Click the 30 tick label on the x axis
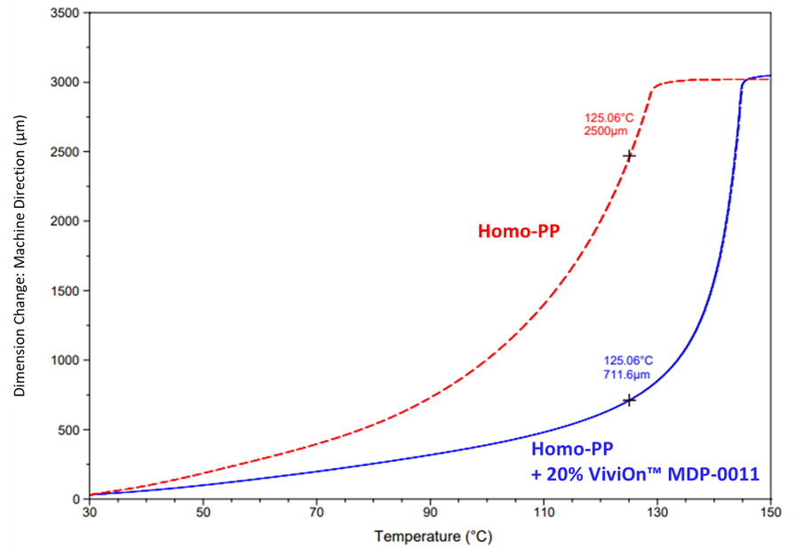click(89, 513)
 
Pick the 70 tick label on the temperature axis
click(316, 513)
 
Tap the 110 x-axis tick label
click(544, 513)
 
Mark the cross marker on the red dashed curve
click(629, 155)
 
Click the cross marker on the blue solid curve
click(629, 401)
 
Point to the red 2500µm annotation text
click(608, 131)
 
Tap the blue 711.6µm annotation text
click(627, 375)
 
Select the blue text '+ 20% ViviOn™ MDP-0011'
click(644, 474)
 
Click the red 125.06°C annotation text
click(609, 116)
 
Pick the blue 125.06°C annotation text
click(628, 361)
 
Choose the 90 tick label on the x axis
click(430, 513)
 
